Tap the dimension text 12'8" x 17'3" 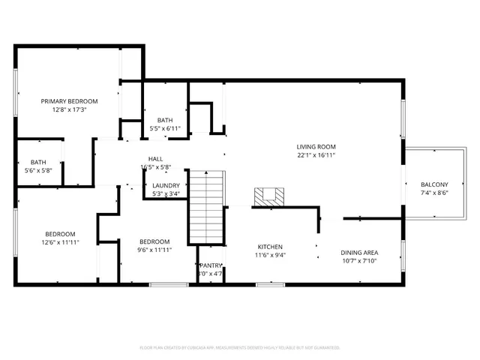(69, 109)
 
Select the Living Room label (315, 147)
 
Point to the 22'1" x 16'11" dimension (315, 155)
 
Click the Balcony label (434, 184)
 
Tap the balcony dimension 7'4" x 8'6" (434, 193)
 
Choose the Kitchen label (271, 246)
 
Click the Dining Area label (359, 253)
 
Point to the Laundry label (166, 185)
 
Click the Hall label (155, 159)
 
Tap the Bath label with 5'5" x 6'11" (165, 121)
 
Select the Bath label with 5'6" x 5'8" (37, 163)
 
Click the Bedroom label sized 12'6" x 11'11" (59, 234)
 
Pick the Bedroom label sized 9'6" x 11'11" (154, 241)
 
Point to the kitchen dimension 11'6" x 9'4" (271, 254)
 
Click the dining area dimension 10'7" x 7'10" (359, 261)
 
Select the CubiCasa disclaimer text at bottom (240, 347)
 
